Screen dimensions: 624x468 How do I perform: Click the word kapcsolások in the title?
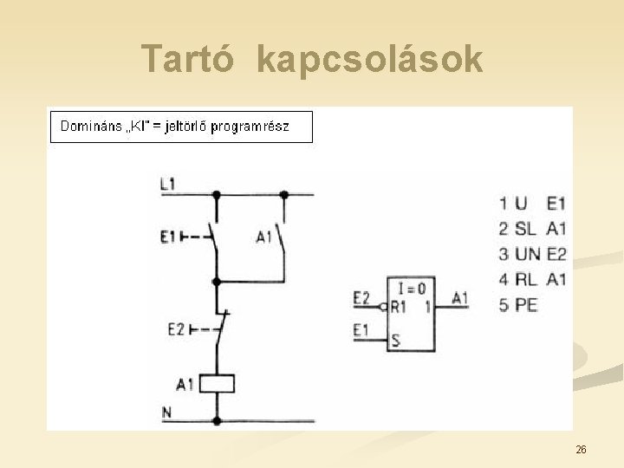point(370,59)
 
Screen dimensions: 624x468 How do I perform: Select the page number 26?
point(581,449)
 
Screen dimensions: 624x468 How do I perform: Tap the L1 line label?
point(168,183)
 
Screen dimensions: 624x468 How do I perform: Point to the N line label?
point(166,412)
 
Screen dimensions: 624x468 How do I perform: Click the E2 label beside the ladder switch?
point(176,328)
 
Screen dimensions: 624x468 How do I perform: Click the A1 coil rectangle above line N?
point(217,383)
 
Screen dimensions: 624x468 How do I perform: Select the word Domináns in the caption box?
point(91,127)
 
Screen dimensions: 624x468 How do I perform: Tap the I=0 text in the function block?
point(413,289)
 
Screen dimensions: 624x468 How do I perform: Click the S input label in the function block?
point(395,339)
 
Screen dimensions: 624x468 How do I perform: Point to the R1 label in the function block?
point(398,306)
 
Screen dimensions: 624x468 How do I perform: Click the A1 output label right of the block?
point(460,298)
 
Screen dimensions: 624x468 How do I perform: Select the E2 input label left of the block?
point(361,298)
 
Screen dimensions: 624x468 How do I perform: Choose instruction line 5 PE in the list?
point(518,304)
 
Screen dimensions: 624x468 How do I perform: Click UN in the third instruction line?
point(528,254)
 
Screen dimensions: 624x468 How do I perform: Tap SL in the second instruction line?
point(525,229)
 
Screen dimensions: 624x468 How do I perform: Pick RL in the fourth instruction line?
point(525,279)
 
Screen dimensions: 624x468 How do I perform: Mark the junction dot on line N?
point(217,420)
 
